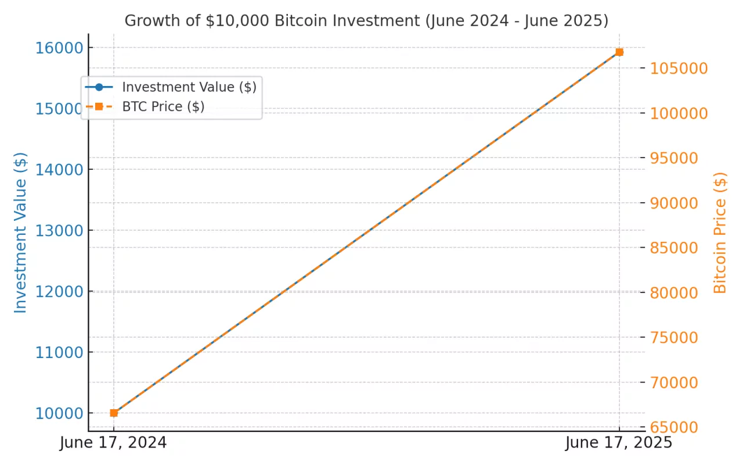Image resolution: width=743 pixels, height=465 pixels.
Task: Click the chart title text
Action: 366,21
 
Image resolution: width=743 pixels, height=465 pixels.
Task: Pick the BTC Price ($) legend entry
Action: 163,107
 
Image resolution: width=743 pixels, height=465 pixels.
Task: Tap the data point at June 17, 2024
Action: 114,413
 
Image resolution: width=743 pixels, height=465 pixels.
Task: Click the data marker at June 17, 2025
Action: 619,52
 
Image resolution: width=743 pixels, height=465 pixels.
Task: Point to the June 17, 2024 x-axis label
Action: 113,443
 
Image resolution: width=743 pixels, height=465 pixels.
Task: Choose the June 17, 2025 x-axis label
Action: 619,443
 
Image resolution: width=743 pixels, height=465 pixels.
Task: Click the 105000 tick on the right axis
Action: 679,69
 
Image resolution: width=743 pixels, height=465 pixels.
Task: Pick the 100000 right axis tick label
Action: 679,113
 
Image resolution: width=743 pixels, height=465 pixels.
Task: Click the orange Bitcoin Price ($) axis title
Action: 720,233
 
